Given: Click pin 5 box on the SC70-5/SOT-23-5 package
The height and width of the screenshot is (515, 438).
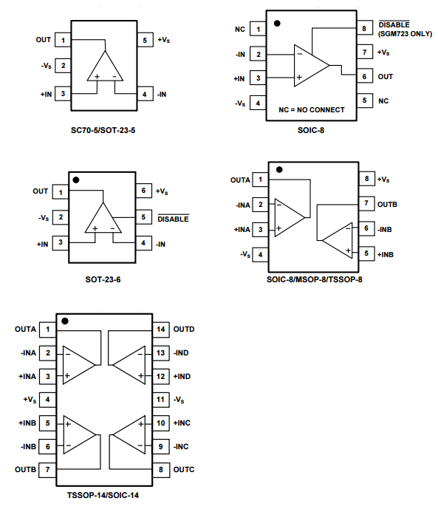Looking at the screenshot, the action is coord(145,40).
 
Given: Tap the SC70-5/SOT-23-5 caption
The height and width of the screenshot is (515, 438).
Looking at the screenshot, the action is coord(103,130).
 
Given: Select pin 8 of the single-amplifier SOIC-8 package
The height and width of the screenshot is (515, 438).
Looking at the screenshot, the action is coord(364,28).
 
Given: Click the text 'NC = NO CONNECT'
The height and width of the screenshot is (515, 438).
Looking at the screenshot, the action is coord(312,109).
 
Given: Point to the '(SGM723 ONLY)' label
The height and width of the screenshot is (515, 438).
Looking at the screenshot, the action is coord(406,34).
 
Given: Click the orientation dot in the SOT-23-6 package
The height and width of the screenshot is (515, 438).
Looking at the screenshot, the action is coord(76,180).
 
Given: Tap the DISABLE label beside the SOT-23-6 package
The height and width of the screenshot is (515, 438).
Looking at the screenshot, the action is coord(174,219).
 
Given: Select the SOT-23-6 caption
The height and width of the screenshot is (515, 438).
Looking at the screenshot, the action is coord(103,279).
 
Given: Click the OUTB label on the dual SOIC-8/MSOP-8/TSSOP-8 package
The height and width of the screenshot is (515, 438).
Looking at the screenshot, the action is coord(388,204).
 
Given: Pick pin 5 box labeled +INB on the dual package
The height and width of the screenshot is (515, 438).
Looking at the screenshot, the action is coord(367,253).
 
